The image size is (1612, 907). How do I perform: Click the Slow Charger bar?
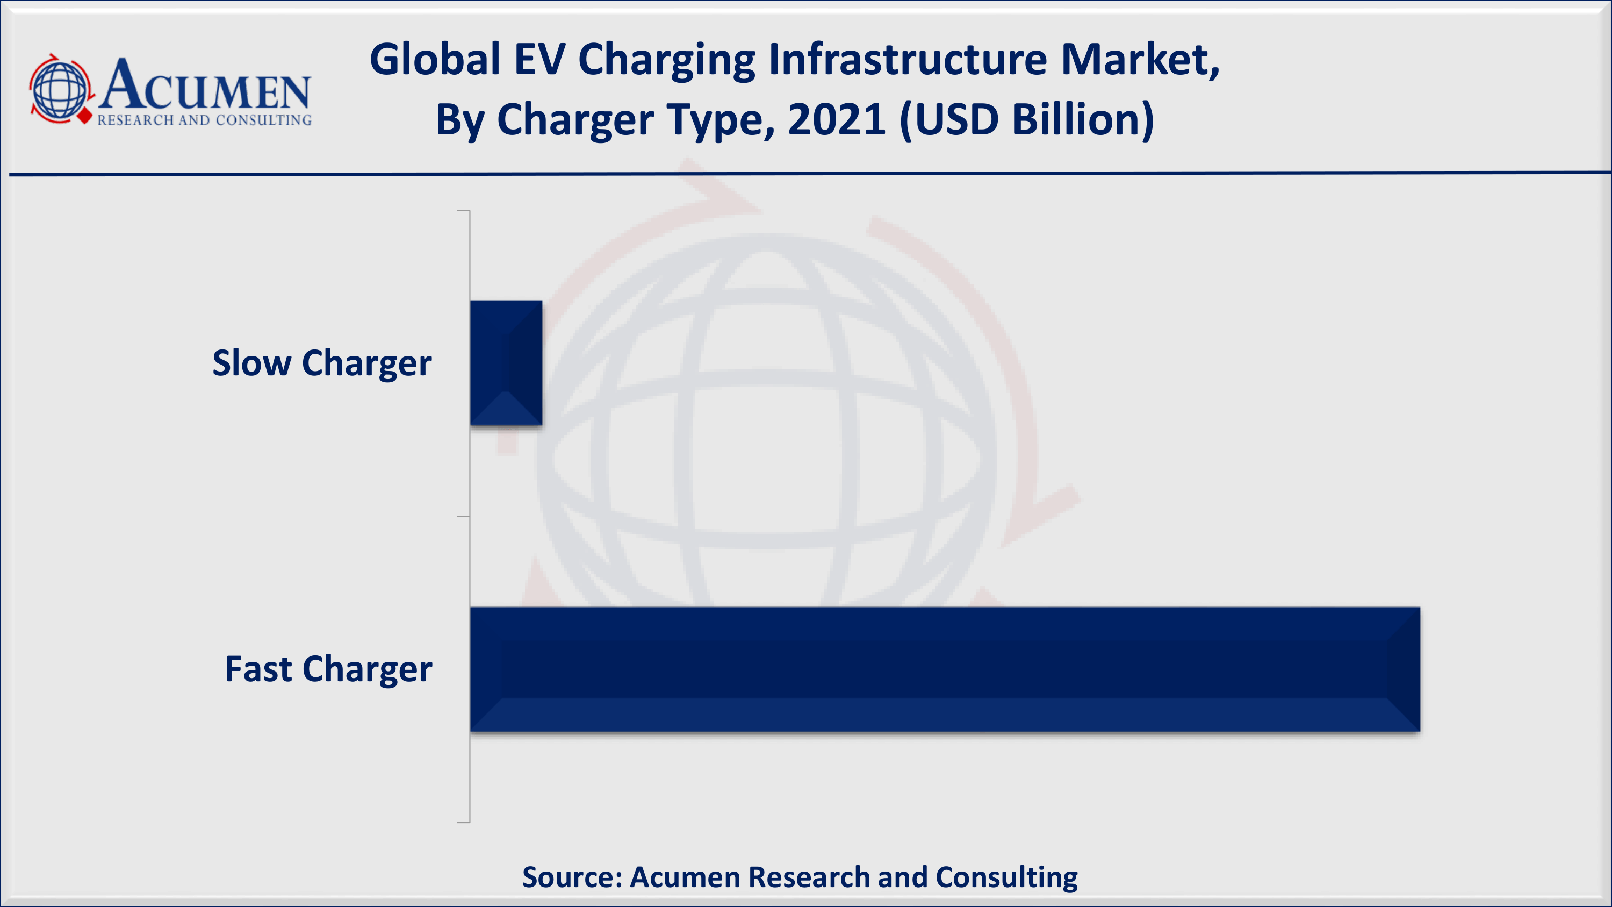coord(506,363)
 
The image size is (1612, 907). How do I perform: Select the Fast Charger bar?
coord(945,669)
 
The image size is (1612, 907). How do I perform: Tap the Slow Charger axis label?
coord(322,363)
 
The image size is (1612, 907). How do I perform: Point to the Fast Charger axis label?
coord(328,670)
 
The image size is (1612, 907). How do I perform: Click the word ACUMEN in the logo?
coord(205,85)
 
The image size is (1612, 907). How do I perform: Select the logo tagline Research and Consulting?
coord(204,120)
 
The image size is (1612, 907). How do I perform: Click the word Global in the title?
coord(435,60)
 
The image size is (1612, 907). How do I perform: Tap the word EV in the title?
coord(539,60)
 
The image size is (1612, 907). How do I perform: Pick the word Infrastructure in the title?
coord(908,60)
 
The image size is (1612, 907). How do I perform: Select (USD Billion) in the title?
coord(1027,120)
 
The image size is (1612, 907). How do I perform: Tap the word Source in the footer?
coord(572,877)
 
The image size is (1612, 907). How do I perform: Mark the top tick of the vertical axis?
coord(464,211)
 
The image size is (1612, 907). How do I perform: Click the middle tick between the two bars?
coord(464,517)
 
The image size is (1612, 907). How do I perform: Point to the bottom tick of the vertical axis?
coord(464,823)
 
